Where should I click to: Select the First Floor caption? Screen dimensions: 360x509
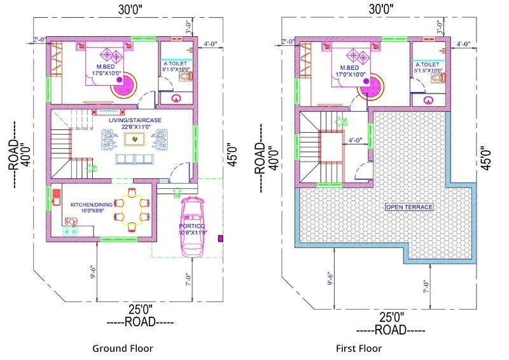359,348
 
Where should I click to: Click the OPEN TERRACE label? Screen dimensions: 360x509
408,207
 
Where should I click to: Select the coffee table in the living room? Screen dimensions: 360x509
134,139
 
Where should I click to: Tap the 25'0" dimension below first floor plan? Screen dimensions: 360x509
391,316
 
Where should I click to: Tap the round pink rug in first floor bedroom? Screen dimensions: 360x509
370,85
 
